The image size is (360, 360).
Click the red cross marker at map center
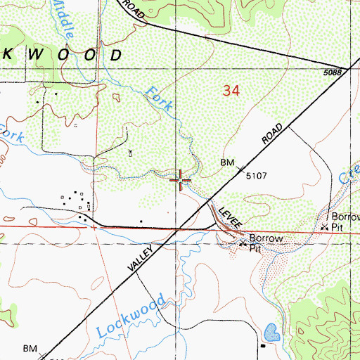181,180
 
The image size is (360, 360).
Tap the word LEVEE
231,215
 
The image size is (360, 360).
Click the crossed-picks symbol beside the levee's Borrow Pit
244,243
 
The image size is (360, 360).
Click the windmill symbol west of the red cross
130,151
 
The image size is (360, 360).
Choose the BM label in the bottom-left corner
30,348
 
